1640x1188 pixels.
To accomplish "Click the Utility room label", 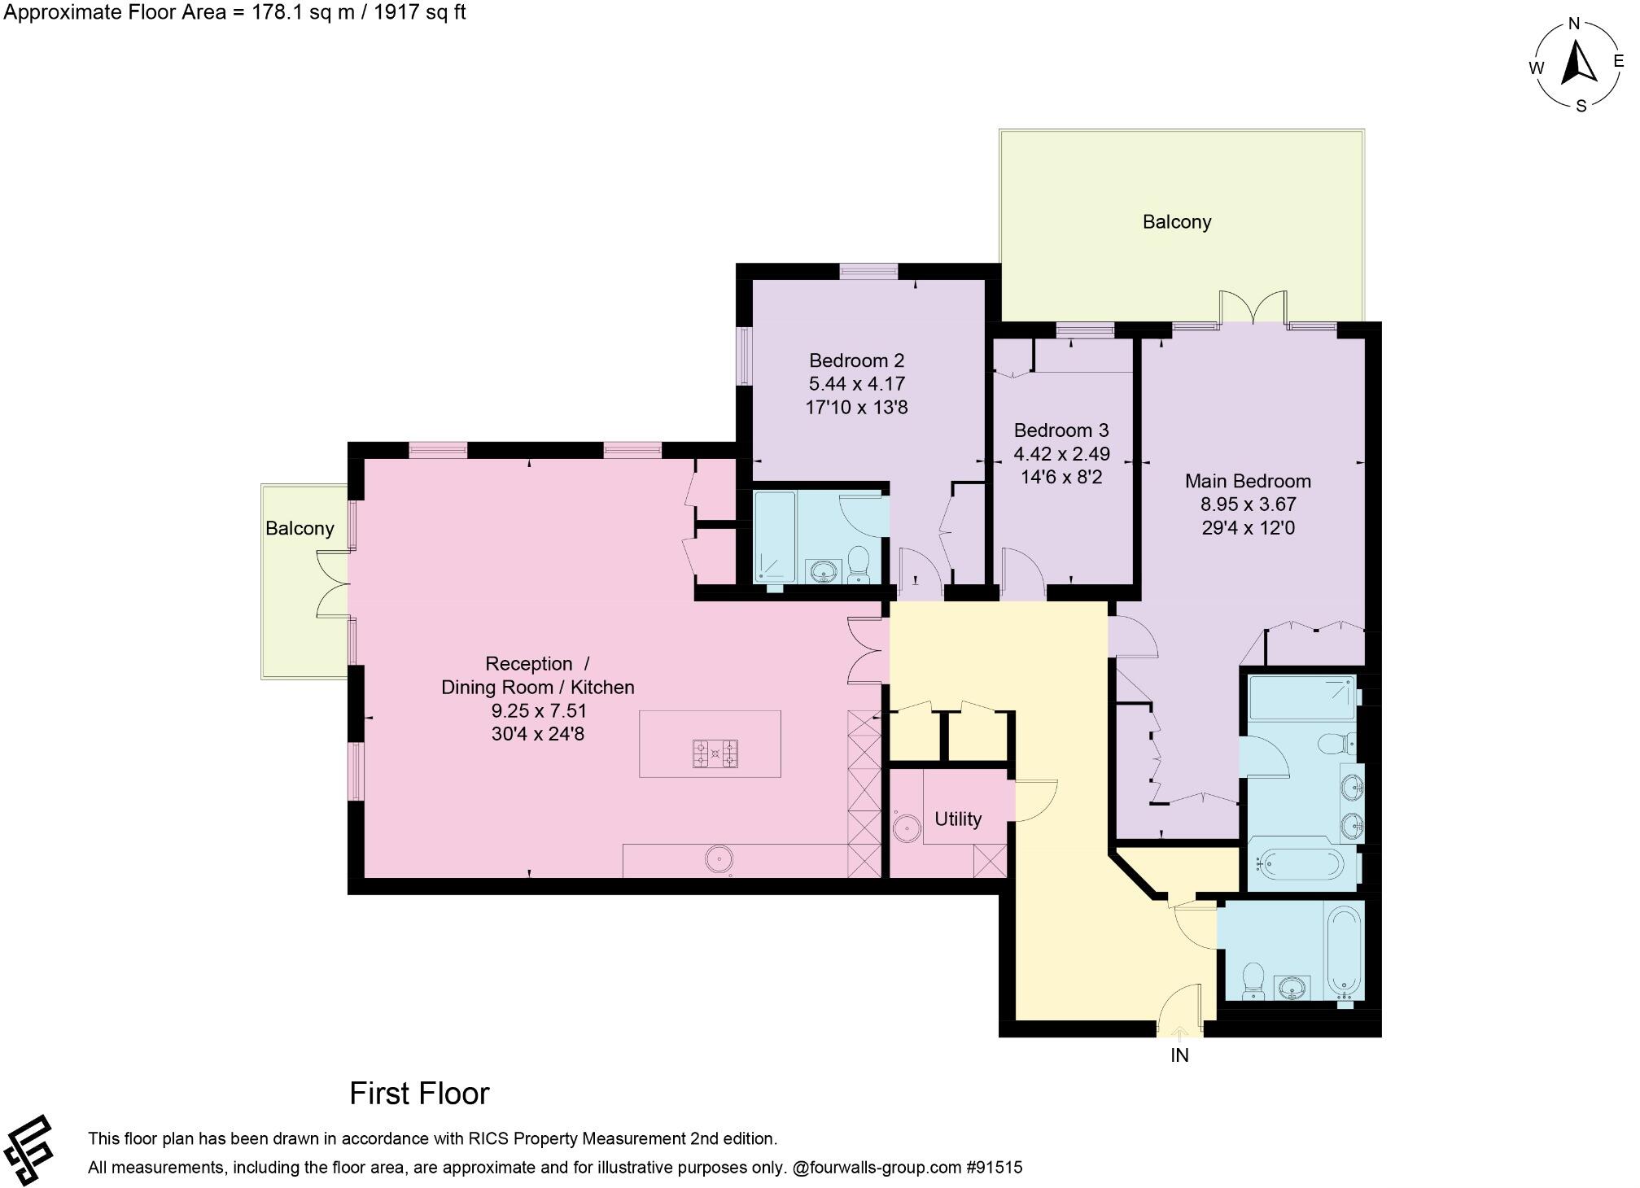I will [957, 819].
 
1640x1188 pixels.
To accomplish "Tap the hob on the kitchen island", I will [715, 753].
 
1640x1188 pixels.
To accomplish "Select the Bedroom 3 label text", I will [1061, 430].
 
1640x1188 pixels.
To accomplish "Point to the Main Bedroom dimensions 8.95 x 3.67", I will [1248, 504].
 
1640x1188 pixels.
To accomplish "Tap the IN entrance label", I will [1179, 1055].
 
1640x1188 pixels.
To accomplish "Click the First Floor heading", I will [419, 1094].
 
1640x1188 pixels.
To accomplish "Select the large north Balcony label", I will [1176, 221].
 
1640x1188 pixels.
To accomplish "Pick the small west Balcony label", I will [300, 528].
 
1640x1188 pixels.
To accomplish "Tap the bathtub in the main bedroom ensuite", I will [1299, 863].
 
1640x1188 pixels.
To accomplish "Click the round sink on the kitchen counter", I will [719, 858].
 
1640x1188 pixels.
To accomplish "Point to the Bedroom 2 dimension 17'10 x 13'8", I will [856, 407].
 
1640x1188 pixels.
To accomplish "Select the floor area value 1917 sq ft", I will [419, 12].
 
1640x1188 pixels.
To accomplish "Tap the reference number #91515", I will [994, 1168].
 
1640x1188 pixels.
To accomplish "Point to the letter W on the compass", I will [1536, 68].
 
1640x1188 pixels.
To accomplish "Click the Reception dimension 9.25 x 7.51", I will [538, 710].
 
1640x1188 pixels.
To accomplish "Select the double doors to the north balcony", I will [1253, 308].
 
